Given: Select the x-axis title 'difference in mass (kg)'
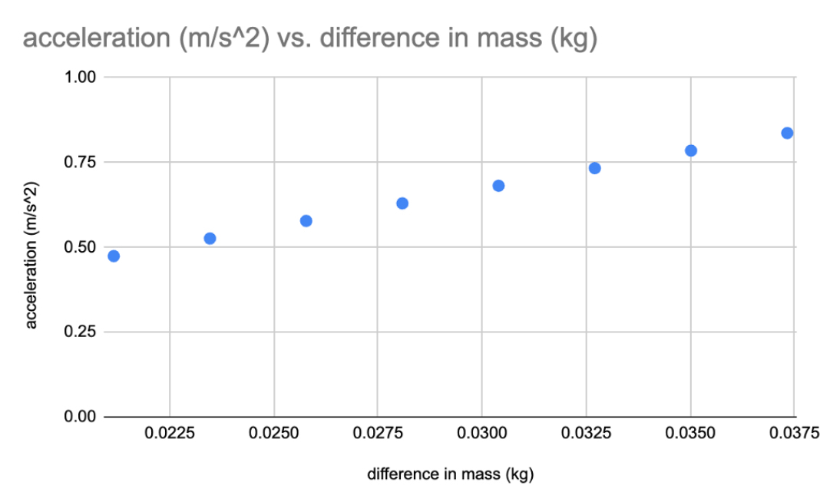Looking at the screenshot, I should pos(450,474).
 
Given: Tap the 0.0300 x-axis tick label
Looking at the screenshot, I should pos(481,434).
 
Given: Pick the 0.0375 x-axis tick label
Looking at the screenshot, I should pos(794,434).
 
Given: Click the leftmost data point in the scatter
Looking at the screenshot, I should pos(114,256).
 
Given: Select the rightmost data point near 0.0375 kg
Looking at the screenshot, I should pos(787,133).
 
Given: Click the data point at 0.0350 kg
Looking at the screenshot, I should pos(690,150).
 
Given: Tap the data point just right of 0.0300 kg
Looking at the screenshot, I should pos(498,186).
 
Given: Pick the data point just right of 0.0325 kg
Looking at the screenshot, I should pos(594,168).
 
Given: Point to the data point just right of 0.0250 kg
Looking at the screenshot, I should pos(306,221).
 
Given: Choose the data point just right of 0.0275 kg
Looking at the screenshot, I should pos(402,203).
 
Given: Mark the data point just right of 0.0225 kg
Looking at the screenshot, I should pos(210,239).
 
